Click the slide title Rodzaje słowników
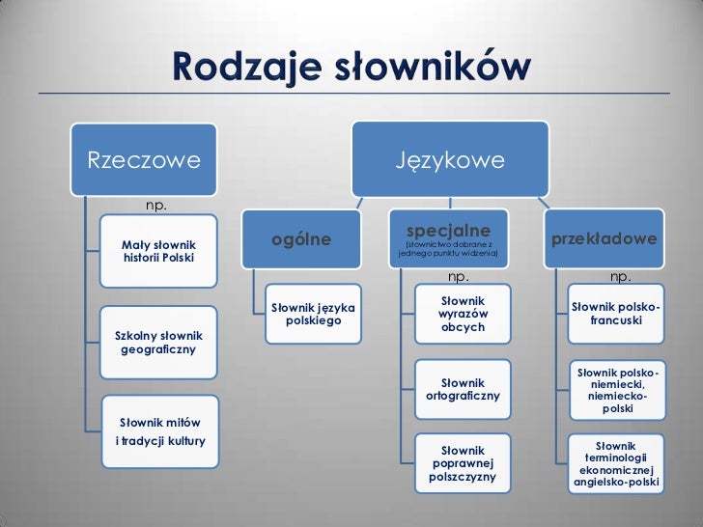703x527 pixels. click(x=351, y=67)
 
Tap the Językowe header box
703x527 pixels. click(x=449, y=158)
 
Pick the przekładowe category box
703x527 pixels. click(x=605, y=238)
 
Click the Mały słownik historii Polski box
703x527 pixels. click(x=158, y=250)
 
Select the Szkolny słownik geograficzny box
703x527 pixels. click(x=158, y=341)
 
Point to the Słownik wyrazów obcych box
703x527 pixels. click(x=463, y=315)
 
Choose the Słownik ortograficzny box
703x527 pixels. click(x=463, y=389)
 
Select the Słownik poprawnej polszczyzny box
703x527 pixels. click(x=463, y=463)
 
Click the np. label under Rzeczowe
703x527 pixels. click(x=155, y=205)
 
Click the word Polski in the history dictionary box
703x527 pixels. click(x=175, y=259)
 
